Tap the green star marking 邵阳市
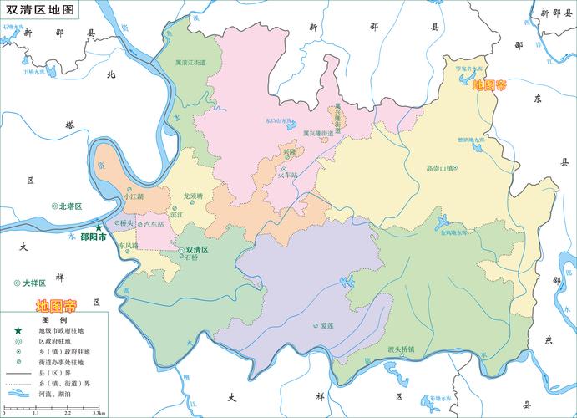tap(99, 227)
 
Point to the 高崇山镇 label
tap(438, 168)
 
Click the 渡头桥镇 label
tap(401, 348)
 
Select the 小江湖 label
tap(134, 196)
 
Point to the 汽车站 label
tap(154, 224)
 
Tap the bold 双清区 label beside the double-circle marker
tap(197, 250)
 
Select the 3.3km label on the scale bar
tap(99, 413)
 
